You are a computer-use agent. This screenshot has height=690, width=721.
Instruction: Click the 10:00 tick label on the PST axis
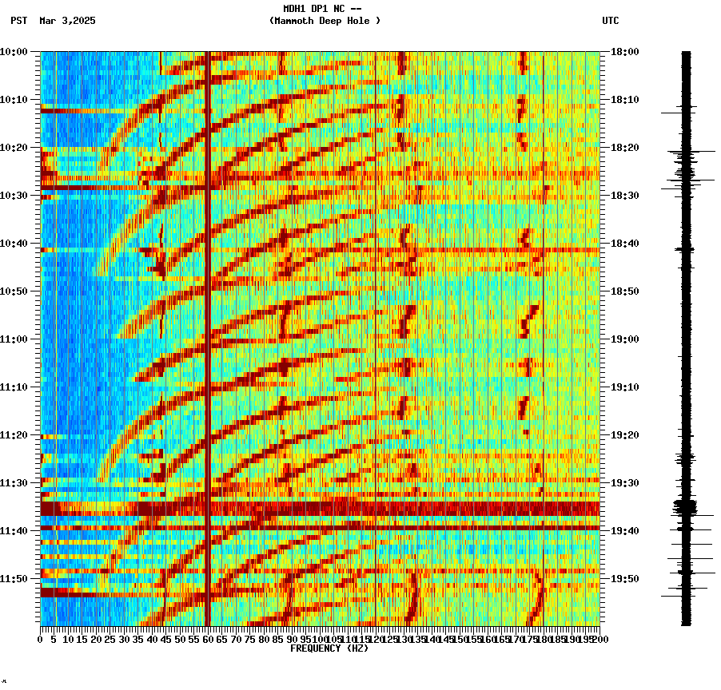point(14,52)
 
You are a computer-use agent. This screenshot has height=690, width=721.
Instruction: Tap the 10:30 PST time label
point(14,196)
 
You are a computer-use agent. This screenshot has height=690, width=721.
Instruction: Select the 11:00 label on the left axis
point(14,339)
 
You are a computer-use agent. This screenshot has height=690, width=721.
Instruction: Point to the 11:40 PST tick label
point(14,531)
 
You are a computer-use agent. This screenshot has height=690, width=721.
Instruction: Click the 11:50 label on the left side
point(14,579)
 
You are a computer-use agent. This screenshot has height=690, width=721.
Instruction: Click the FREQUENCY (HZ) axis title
point(329,648)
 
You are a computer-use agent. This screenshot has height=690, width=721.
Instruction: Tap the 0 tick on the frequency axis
point(41,640)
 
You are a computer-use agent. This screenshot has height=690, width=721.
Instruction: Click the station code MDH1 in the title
point(295,9)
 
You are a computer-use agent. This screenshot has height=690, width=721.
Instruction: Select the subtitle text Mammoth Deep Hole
point(325,21)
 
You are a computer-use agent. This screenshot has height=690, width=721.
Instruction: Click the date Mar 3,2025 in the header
point(67,21)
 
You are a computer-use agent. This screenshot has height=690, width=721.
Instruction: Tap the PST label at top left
point(19,21)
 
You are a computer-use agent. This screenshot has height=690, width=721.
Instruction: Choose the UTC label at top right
point(610,21)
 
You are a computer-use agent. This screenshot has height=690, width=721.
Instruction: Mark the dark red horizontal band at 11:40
point(320,528)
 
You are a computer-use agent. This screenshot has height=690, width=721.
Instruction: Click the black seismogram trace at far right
point(686,335)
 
